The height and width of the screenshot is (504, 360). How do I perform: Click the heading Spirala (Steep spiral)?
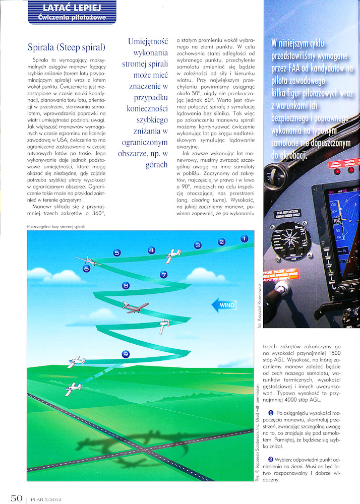[x=66, y=48]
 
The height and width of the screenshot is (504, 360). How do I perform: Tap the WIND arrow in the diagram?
[x=223, y=305]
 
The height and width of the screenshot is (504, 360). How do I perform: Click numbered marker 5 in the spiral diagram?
[x=117, y=253]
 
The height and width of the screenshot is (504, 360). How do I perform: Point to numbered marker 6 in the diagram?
[x=86, y=269]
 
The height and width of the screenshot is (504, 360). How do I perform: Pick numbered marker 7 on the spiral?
[x=163, y=275]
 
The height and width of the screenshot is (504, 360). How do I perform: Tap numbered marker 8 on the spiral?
[x=126, y=286]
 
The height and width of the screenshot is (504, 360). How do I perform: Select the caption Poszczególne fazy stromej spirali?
[x=55, y=227]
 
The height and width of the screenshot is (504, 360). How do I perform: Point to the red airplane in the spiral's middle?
[x=136, y=306]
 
